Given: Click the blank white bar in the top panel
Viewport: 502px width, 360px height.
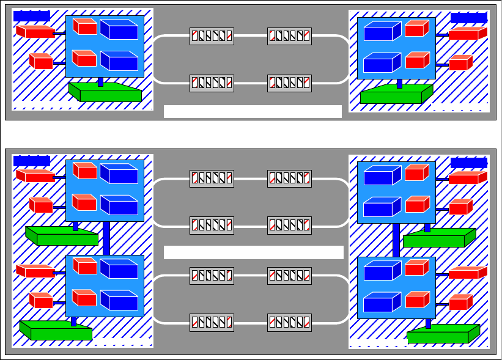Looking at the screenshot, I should (x=253, y=111).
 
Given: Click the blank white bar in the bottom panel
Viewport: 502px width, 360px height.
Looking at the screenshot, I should (x=254, y=252).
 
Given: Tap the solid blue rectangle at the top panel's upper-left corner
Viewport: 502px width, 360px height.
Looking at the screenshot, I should (x=32, y=16).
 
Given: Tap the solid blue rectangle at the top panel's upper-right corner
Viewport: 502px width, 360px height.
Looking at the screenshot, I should (x=469, y=17).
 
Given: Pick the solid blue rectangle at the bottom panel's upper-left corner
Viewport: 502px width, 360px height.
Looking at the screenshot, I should (x=32, y=161).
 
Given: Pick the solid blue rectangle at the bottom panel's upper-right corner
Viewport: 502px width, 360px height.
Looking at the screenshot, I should (x=469, y=163).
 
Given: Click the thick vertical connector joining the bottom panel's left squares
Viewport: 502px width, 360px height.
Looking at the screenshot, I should (x=106, y=238).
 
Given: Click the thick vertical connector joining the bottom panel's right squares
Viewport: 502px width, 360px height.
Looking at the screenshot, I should (x=396, y=240).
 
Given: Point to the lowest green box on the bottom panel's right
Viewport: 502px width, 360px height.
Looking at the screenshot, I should (x=442, y=335).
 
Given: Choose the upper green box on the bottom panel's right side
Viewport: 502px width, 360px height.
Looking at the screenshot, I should (x=438, y=238).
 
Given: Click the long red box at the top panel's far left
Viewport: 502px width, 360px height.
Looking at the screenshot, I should (x=35, y=31).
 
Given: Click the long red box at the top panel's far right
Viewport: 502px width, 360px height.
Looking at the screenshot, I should (x=468, y=34).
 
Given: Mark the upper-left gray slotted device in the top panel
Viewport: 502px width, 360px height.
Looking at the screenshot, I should (x=212, y=36).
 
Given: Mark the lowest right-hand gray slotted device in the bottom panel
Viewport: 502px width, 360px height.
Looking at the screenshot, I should (x=289, y=322).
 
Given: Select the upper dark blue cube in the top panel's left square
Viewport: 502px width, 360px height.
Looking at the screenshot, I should (x=119, y=30).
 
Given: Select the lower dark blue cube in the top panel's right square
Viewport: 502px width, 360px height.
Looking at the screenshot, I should (x=382, y=64).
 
